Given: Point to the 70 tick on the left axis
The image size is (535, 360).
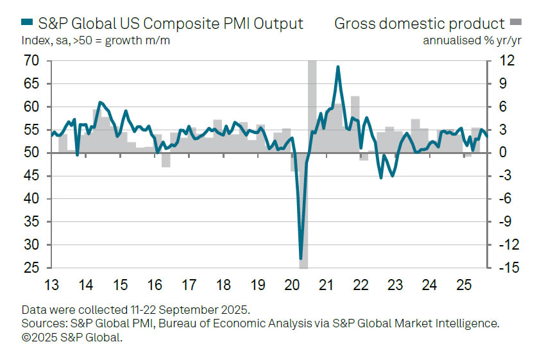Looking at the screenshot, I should click(x=31, y=61).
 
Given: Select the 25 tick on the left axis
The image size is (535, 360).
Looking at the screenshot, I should click(x=31, y=268).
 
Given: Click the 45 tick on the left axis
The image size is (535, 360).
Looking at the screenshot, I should click(x=31, y=176).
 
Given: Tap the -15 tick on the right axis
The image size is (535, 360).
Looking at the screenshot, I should click(x=507, y=268).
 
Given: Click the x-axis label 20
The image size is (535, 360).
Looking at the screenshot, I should click(x=293, y=284).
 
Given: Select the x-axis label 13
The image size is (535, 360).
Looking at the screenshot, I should click(x=51, y=284).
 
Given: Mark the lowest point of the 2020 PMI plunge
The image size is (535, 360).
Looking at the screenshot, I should click(x=301, y=259).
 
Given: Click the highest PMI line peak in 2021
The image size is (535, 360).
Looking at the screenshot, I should click(x=337, y=67).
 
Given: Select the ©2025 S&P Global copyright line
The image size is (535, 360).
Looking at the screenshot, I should click(x=71, y=337).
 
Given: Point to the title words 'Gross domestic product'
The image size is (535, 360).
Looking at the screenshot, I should click(x=420, y=24).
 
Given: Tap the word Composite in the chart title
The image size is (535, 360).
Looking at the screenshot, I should click(x=167, y=24).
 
